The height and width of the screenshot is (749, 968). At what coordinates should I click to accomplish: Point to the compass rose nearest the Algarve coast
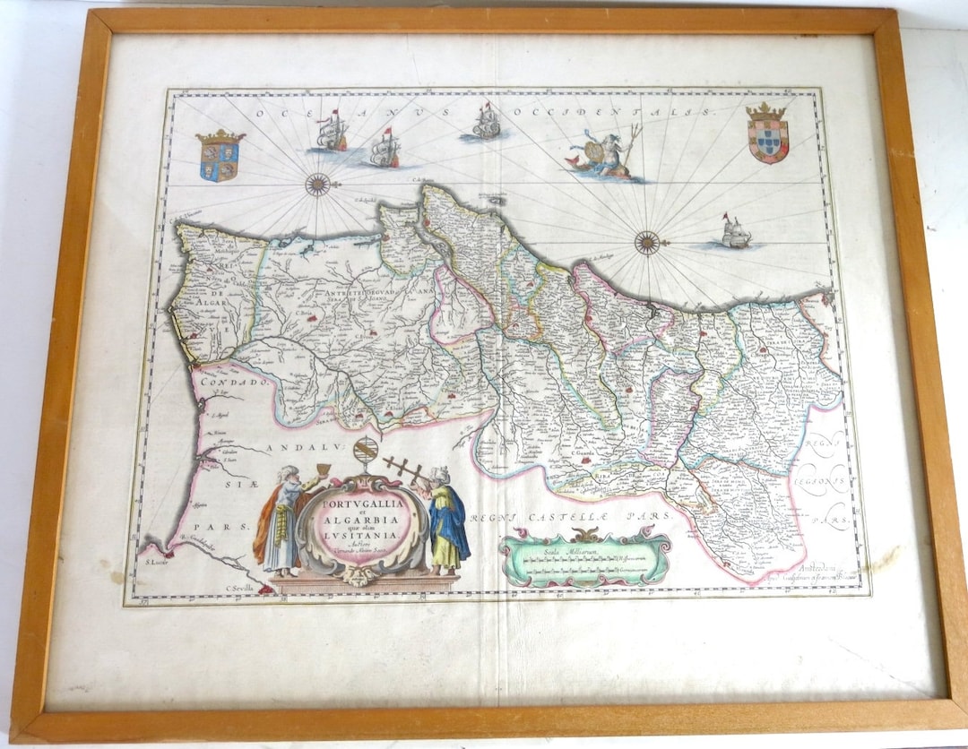[317, 185]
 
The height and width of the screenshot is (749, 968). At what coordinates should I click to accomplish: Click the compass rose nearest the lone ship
[647, 242]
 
